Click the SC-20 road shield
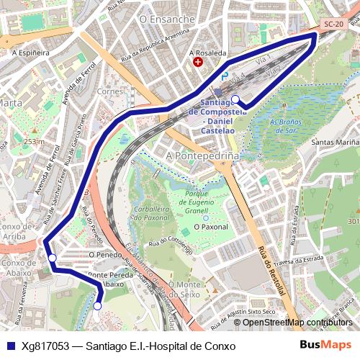click(333, 24)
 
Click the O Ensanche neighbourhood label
click(167, 19)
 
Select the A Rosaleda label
click(207, 53)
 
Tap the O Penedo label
click(103, 254)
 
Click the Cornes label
click(110, 91)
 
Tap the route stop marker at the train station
click(235, 99)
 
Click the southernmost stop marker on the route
click(97, 306)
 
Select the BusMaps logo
click(325, 346)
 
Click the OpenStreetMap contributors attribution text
click(297, 322)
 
